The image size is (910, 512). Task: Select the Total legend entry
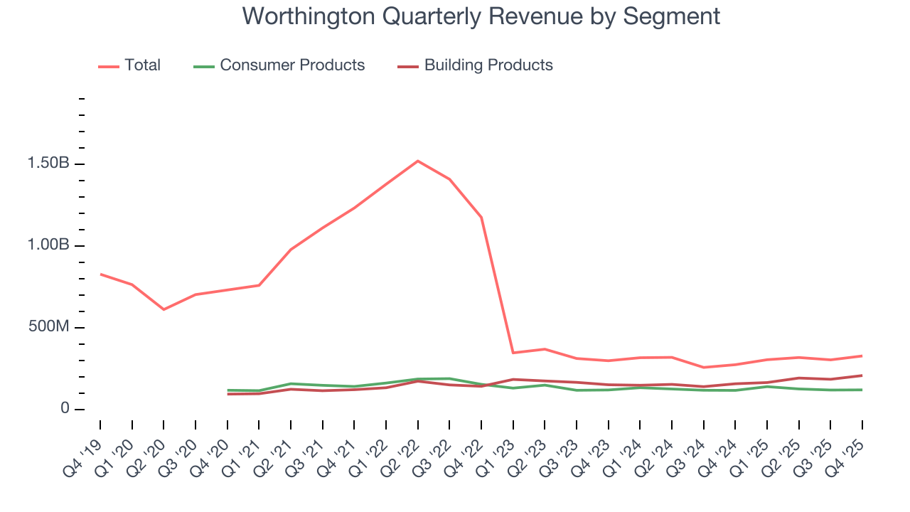pos(129,65)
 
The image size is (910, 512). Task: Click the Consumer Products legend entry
pos(279,65)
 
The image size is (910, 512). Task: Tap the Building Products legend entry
pos(475,65)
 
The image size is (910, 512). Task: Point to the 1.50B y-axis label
pos(48,164)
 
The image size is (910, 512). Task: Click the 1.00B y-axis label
pos(48,245)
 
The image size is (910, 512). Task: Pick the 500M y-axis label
pos(48,327)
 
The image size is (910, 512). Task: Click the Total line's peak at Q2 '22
pos(417,161)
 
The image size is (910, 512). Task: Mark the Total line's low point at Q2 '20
pos(164,309)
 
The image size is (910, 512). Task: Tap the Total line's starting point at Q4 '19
pos(100,274)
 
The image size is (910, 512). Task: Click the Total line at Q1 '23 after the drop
pos(513,353)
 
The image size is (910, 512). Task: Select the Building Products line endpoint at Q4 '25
pos(862,375)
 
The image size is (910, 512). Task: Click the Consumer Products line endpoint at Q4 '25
pos(862,390)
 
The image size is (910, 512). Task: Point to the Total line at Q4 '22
pos(481,217)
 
